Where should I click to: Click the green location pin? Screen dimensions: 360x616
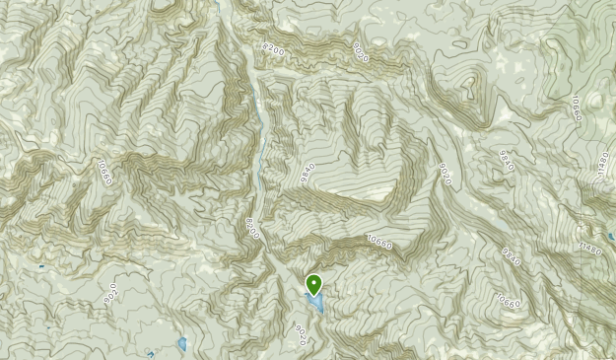pyautogui.click(x=314, y=284)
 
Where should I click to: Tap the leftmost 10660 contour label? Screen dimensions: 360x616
pyautogui.click(x=104, y=173)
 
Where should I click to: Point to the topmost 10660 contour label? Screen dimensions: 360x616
pyautogui.click(x=575, y=108)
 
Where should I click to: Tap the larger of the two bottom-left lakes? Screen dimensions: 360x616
pyautogui.click(x=182, y=343)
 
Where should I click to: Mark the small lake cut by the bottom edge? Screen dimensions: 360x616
pyautogui.click(x=151, y=354)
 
